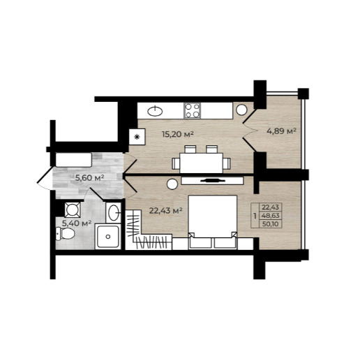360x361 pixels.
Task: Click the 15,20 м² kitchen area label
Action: tap(178, 134)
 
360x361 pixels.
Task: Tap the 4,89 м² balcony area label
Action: tap(281, 131)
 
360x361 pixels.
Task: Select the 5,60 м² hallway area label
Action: tap(89, 178)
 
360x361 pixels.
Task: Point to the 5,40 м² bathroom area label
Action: tap(77, 223)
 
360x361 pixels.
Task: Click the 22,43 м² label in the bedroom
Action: tap(165, 211)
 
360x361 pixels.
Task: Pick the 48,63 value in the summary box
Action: tap(270, 216)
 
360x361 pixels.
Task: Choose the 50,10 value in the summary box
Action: tap(270, 224)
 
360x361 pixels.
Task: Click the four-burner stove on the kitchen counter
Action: tap(193, 110)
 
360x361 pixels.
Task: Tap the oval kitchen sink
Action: tap(155, 111)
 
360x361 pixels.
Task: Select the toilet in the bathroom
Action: tap(65, 234)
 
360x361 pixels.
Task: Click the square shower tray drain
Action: tap(108, 237)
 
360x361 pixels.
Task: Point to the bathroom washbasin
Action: tap(114, 212)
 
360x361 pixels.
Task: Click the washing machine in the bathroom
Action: tap(73, 209)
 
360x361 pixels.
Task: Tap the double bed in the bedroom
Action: tap(213, 222)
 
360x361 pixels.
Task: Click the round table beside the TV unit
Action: tap(172, 184)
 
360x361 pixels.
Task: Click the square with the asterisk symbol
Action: tap(137, 137)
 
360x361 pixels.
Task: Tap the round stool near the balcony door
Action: tap(242, 110)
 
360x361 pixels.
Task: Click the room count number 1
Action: tap(255, 216)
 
